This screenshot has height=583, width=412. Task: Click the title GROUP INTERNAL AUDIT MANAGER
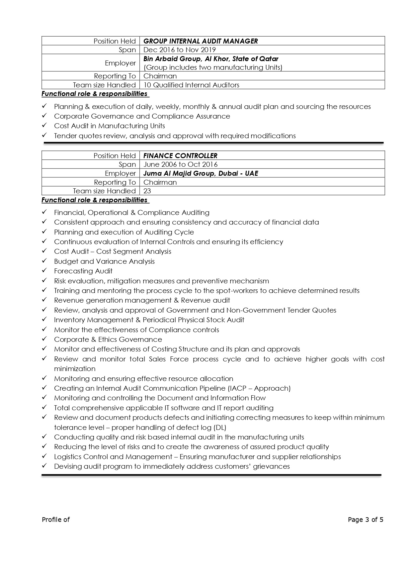(201, 41)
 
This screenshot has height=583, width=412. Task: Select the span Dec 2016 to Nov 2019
(180, 50)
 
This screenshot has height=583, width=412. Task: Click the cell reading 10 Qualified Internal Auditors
(191, 85)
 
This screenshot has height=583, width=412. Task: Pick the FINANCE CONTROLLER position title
(180, 155)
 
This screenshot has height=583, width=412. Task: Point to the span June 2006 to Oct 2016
(181, 164)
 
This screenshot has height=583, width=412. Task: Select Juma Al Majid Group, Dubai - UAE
(201, 173)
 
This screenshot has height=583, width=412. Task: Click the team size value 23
(147, 191)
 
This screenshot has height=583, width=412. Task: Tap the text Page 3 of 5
(366, 520)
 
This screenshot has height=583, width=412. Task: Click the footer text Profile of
(56, 520)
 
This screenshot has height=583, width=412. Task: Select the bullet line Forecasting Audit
(83, 271)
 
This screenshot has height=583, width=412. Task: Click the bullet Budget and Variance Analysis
(104, 261)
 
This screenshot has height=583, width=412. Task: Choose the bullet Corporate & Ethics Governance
(108, 340)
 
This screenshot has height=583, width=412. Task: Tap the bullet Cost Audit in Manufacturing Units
(110, 126)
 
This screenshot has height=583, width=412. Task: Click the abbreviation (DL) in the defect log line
(220, 428)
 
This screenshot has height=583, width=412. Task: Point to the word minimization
(75, 369)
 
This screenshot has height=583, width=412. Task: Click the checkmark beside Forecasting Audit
(44, 271)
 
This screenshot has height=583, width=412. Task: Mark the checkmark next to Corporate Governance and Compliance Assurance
(44, 116)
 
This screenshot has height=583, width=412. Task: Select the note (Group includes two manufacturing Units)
(213, 67)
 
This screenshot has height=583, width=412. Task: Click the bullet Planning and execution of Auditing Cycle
(124, 232)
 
